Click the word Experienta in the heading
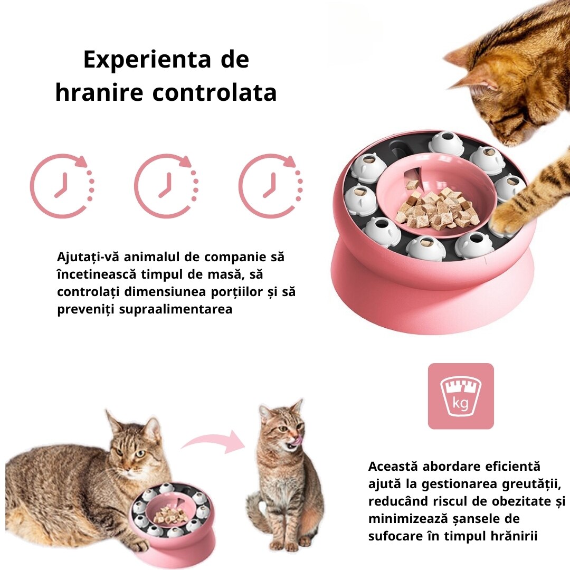147,60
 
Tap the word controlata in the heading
214,93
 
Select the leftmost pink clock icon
62,186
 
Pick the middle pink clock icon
166,186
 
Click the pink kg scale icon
461,396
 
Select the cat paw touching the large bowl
509,220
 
